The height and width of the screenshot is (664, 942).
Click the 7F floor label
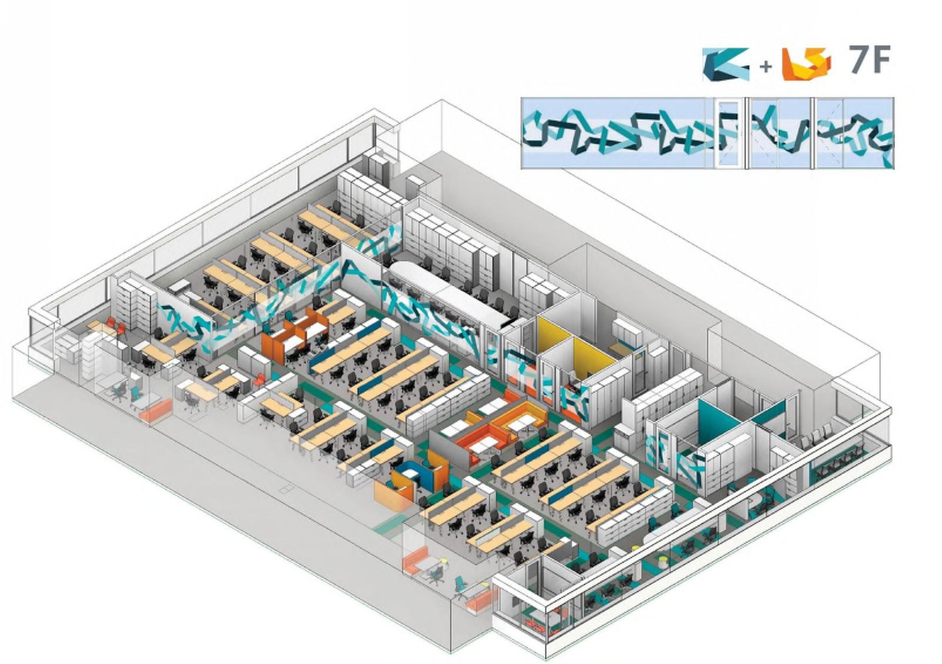870,60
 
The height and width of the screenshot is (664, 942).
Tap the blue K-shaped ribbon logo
726,64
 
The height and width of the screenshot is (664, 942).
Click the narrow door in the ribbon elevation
729,134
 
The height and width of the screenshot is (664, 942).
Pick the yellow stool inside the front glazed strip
663,562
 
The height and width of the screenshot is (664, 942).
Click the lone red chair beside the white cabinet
258,380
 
